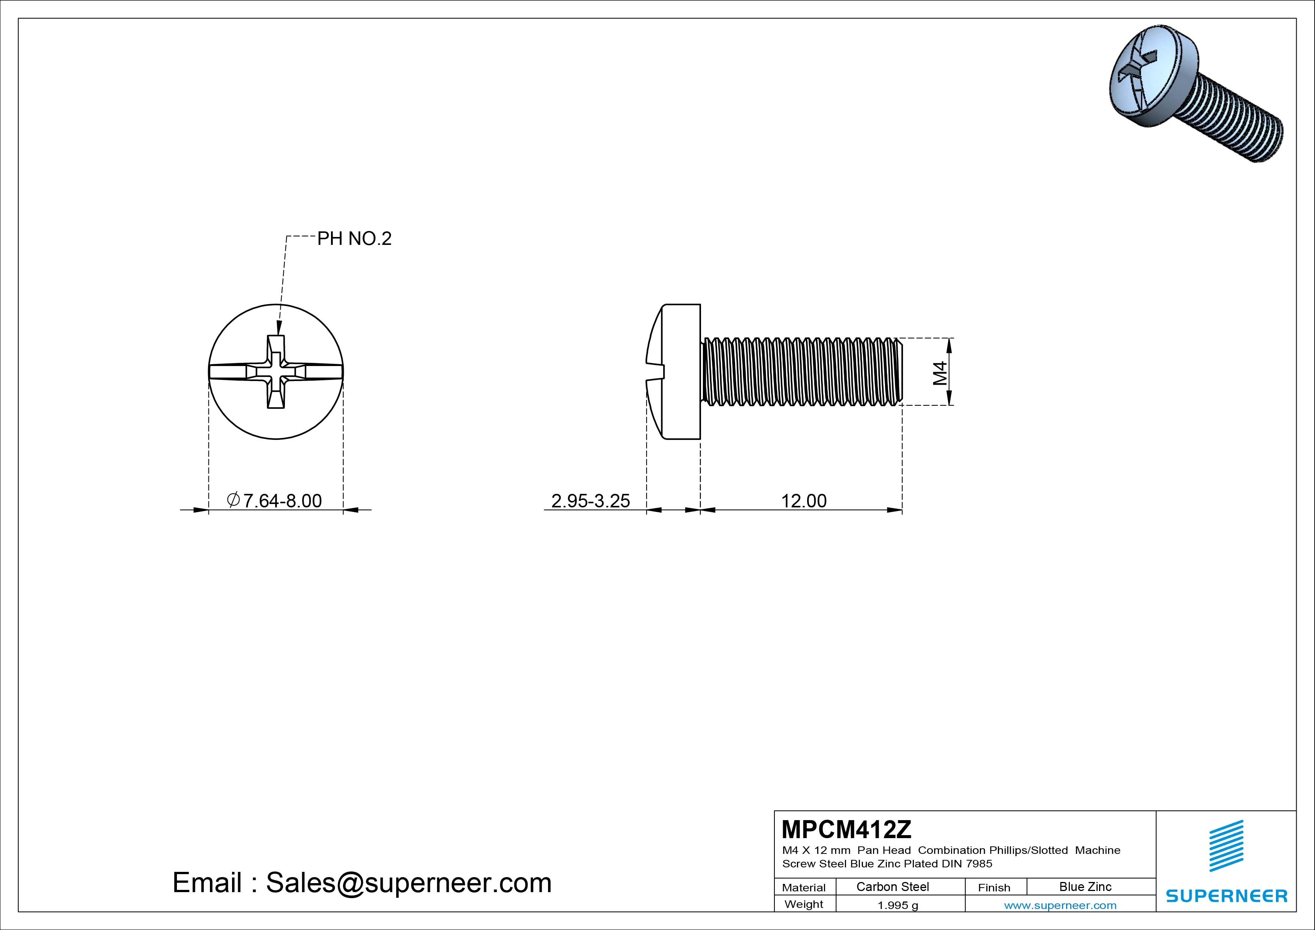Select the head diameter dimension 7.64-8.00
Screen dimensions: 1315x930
coord(275,501)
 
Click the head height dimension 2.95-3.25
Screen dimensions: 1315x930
coord(590,501)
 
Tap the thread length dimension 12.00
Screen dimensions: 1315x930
coord(804,501)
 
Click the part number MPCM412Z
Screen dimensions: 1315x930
coord(846,829)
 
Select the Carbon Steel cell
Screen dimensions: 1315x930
coord(892,886)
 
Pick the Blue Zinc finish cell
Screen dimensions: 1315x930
coord(1085,886)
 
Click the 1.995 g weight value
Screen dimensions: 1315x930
coord(897,905)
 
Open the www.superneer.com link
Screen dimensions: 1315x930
coord(1060,905)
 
